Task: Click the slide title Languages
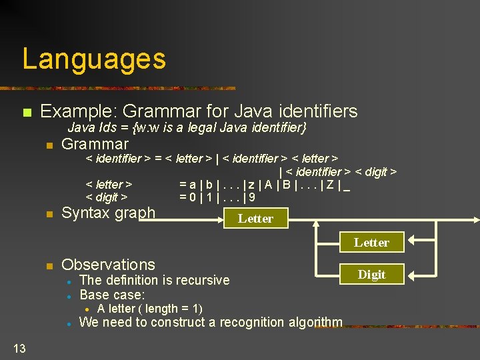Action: [94, 59]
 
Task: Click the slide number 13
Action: [19, 347]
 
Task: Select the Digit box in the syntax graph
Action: [371, 274]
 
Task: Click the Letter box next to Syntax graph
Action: [255, 218]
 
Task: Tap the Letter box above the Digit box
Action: [371, 243]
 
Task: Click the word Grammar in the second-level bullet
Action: [95, 144]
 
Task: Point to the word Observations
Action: [108, 265]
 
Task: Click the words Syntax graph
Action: [108, 213]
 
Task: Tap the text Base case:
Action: [112, 294]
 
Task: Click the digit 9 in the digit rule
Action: [252, 197]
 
